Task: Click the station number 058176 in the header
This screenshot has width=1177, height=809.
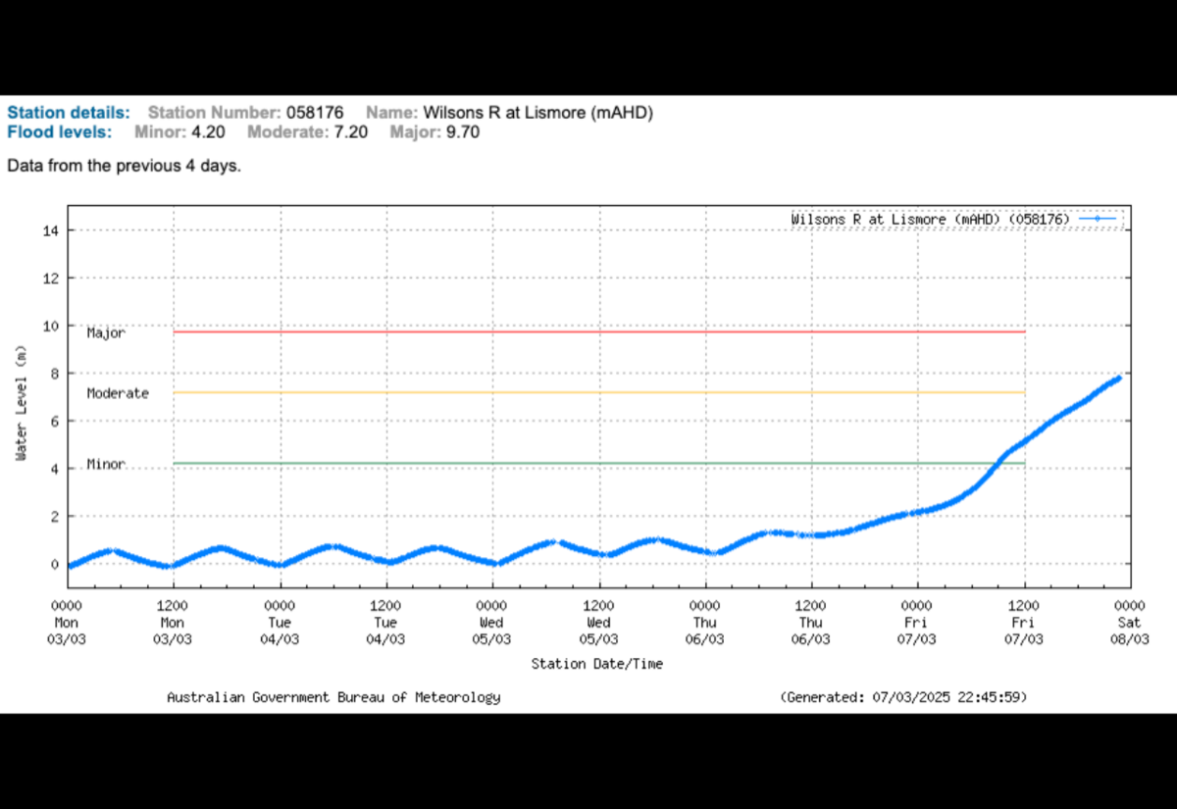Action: [314, 113]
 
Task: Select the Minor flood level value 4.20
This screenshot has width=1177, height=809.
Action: [210, 132]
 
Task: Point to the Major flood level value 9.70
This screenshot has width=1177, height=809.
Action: [462, 132]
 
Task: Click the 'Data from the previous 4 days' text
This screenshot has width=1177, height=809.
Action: [124, 166]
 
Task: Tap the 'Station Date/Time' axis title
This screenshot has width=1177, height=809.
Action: [596, 664]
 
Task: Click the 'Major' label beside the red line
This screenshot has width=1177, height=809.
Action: [106, 333]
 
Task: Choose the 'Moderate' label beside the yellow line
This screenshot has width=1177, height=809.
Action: [118, 393]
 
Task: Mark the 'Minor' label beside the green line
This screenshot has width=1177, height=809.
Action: [106, 464]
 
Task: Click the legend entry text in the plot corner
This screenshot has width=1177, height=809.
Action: [930, 220]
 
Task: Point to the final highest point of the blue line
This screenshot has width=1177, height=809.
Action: [1118, 378]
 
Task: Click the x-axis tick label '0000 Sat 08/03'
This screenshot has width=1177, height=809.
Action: [1129, 623]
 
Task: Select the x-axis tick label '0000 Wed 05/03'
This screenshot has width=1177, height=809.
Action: [491, 623]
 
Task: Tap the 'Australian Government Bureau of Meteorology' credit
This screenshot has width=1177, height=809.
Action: [333, 697]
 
